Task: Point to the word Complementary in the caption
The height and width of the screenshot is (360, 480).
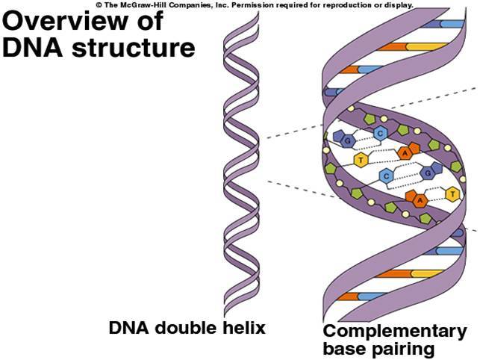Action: pyautogui.click(x=395, y=332)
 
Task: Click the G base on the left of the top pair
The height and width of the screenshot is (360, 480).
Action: pyautogui.click(x=346, y=140)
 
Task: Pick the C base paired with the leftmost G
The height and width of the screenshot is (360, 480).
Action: pyautogui.click(x=381, y=134)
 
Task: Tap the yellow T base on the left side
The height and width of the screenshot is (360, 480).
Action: pyautogui.click(x=361, y=160)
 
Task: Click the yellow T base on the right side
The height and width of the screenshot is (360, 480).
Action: pyautogui.click(x=451, y=194)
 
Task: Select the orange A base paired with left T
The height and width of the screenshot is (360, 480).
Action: pyautogui.click(x=405, y=152)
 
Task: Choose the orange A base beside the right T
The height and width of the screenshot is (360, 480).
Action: pyautogui.click(x=421, y=200)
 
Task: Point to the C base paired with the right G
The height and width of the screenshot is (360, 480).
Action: pyautogui.click(x=386, y=176)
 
